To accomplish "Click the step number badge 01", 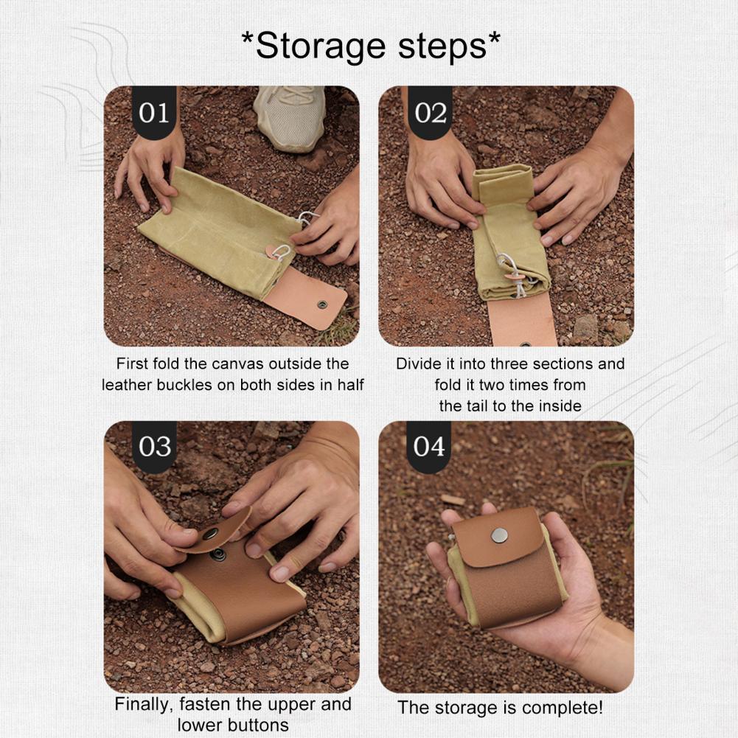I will click(154, 113).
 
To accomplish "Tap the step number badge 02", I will click(431, 113).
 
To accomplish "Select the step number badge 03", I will click(154, 447).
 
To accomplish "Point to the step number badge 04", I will click(430, 447).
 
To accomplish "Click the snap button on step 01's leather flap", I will click(322, 303).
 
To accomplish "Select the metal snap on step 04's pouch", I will click(500, 535).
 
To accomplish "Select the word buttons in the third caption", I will click(258, 725).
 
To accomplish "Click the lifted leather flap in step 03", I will click(214, 529).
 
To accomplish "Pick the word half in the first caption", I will click(347, 385).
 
